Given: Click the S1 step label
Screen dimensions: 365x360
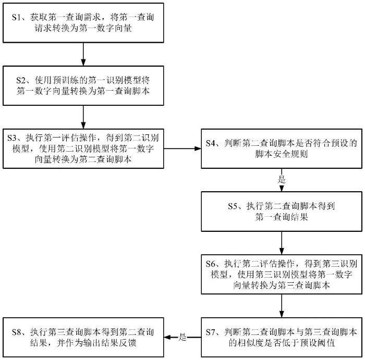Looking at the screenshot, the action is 16,17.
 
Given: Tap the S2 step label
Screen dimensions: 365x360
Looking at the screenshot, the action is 21,80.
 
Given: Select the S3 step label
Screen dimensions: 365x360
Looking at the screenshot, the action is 12,138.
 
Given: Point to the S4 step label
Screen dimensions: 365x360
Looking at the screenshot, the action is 211,143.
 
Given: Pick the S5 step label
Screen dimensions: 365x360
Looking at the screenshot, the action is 233,206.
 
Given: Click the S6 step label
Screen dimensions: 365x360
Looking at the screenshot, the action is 211,264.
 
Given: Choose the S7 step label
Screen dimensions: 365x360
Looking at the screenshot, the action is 211,332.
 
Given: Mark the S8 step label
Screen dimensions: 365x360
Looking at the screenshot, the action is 16,332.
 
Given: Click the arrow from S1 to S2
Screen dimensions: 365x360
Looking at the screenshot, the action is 83,54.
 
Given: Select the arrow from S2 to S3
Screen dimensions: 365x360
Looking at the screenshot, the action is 83,117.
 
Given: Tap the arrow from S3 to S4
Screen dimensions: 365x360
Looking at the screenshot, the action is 182,148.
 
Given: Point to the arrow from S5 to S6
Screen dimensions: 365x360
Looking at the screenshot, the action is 282,243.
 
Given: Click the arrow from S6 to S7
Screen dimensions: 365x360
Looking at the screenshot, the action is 282,306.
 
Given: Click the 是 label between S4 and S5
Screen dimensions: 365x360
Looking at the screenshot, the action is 282,180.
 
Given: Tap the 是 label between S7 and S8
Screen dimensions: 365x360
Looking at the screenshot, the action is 182,337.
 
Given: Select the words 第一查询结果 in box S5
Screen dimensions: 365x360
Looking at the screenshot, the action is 282,217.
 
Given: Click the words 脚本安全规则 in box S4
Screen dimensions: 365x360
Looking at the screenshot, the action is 282,154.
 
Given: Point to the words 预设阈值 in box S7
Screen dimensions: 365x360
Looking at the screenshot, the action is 318,343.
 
